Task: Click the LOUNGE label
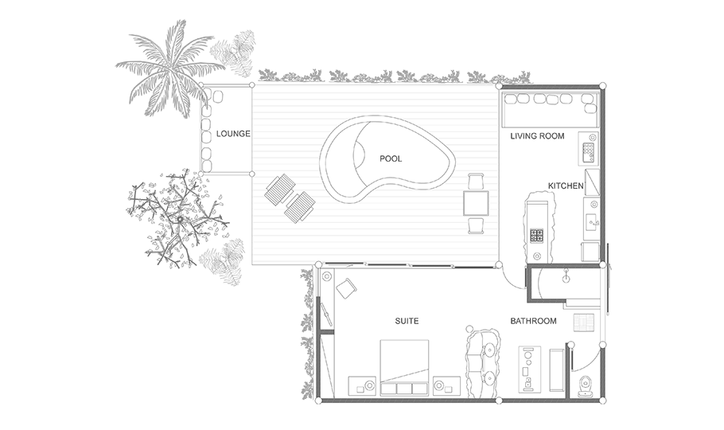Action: pos(233,134)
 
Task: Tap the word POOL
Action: pos(391,158)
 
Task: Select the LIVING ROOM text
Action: pos(537,136)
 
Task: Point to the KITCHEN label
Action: pos(566,186)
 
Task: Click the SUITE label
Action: pos(407,321)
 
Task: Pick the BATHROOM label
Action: pos(533,321)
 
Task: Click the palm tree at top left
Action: pos(169,69)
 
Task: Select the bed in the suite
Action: pos(404,368)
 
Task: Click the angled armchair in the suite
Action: pos(346,288)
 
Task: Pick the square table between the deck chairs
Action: pos(476,203)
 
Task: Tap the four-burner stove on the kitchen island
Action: pos(536,236)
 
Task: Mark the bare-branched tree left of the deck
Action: pos(177,217)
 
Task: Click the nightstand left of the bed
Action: pos(363,385)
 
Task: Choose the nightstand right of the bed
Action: pos(446,385)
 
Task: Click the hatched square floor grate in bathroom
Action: pos(584,322)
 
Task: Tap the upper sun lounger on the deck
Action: pos(280,190)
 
